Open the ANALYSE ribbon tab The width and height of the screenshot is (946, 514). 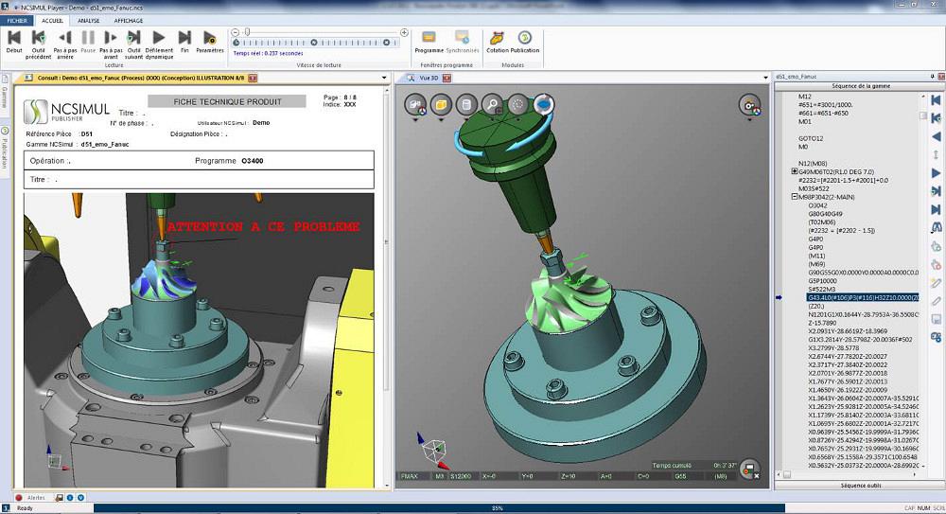(89, 19)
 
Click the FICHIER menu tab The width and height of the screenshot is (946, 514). (18, 19)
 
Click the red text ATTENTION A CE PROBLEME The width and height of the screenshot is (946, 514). (263, 227)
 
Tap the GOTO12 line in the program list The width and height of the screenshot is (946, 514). (812, 138)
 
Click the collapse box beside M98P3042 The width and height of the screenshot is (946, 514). (794, 197)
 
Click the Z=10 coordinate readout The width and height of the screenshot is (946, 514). (569, 476)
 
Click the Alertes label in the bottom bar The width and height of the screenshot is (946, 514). (35, 497)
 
